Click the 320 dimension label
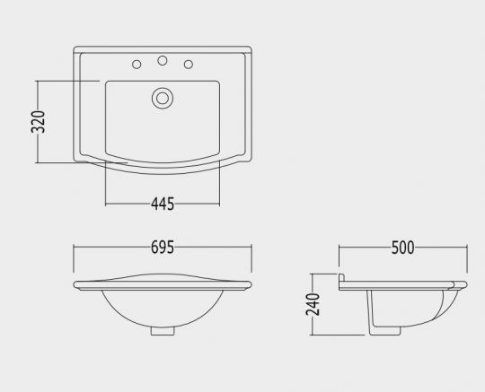pos(38,122)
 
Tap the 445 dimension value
pos(163,205)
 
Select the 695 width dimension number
pos(163,247)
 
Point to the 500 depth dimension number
pos(402,248)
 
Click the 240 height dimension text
pos(313,304)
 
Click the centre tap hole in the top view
pos(163,60)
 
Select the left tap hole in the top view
pos(137,65)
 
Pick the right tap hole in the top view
pos(189,65)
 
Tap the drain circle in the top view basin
pos(163,99)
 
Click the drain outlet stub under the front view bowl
pos(163,331)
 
